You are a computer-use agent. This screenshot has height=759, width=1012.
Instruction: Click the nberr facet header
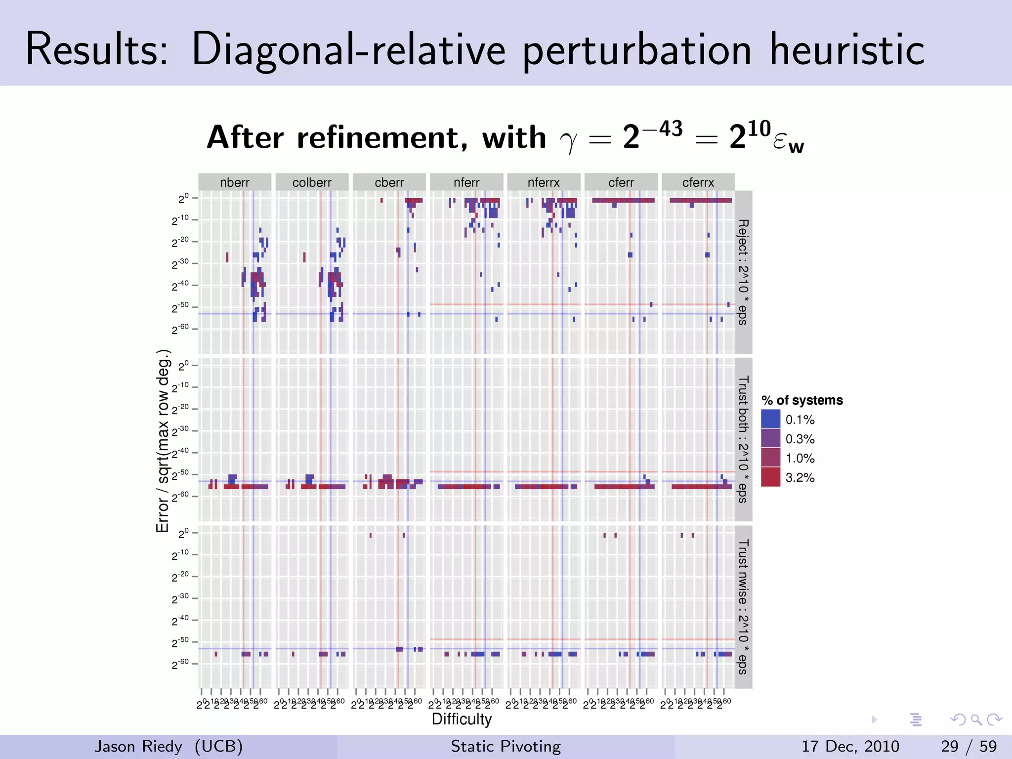235,182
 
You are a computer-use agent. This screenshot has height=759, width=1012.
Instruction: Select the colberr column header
312,182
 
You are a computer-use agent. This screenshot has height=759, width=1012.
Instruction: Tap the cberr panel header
389,182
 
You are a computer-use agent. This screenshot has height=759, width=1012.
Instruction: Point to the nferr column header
466,182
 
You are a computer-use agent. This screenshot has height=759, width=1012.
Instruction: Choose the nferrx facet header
544,182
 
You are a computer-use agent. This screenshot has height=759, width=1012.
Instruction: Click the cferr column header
621,182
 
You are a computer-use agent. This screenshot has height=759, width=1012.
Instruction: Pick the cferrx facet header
698,182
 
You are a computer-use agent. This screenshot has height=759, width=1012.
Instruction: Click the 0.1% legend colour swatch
770,420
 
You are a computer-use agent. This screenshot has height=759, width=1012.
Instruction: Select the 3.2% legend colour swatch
770,477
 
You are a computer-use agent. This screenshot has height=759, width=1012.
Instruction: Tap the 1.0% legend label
800,458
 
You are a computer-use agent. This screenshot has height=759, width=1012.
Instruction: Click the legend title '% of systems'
802,400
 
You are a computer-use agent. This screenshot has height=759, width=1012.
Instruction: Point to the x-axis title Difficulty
462,719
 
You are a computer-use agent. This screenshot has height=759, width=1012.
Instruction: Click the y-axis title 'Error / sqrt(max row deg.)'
163,441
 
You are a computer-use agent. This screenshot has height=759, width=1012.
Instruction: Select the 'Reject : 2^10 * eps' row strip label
743,272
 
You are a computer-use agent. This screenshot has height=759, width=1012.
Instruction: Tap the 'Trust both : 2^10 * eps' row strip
743,439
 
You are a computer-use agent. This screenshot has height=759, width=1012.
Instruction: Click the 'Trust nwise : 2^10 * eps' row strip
743,607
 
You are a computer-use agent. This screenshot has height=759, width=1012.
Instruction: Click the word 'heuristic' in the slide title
847,49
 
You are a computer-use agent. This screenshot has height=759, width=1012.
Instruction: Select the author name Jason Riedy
138,746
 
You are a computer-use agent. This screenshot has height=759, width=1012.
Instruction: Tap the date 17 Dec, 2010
850,746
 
